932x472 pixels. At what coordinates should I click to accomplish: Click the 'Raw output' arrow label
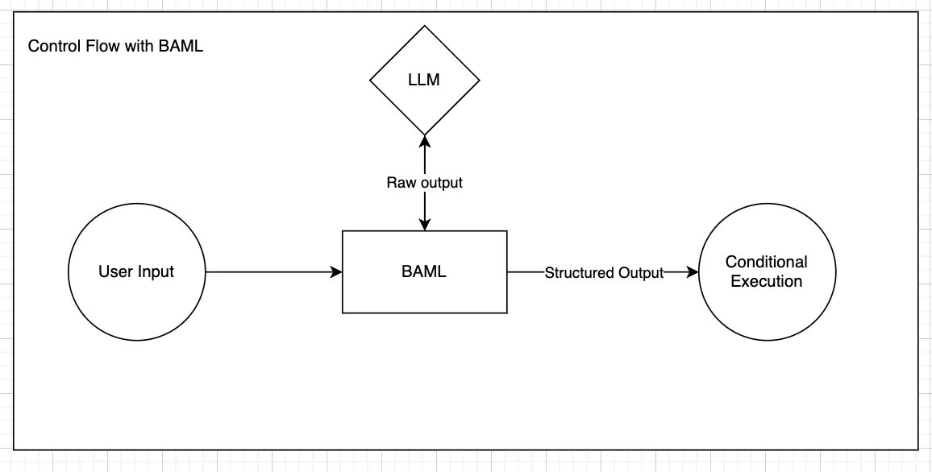click(424, 182)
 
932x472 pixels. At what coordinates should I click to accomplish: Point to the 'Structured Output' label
click(604, 272)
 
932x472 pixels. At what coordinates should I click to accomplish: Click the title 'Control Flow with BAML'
click(116, 46)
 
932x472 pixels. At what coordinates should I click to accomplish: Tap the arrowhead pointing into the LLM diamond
click(424, 141)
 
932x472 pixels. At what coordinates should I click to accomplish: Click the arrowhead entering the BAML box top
click(424, 224)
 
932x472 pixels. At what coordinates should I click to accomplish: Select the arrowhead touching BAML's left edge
click(336, 272)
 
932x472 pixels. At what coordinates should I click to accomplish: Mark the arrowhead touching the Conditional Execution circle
click(692, 272)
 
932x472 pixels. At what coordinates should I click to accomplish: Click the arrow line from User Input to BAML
click(273, 272)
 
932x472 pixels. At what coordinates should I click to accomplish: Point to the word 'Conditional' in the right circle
click(767, 262)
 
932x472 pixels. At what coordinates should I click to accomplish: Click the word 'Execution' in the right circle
click(767, 281)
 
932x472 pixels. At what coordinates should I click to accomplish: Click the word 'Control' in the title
click(55, 46)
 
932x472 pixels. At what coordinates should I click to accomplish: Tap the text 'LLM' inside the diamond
click(424, 81)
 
